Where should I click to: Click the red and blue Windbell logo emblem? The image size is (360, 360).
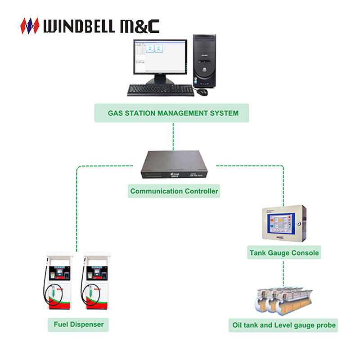click(30, 26)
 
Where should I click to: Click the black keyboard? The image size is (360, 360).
click(161, 90)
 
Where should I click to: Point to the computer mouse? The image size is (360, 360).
click(202, 91)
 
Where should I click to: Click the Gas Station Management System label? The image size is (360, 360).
click(173, 113)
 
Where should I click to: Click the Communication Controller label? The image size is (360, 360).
click(174, 191)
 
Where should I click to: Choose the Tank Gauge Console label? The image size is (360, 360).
click(284, 253)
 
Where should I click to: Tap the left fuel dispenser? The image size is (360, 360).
click(58, 283)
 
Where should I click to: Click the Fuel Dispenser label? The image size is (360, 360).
click(79, 324)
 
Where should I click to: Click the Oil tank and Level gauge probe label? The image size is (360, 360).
click(284, 325)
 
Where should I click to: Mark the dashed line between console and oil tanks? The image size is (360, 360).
click(283, 272)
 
